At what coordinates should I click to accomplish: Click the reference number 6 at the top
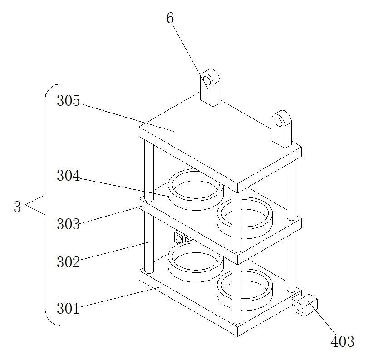[170, 19]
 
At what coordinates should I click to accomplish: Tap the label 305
[68, 101]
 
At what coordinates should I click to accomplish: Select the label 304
[68, 176]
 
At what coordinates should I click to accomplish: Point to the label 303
[68, 224]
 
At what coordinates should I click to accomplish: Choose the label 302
[68, 262]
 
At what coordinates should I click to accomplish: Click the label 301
[68, 309]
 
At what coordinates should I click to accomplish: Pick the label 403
[342, 341]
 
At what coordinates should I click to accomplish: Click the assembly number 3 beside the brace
[17, 207]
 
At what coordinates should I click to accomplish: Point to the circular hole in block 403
[300, 309]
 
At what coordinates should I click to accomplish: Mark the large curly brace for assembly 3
[48, 204]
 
